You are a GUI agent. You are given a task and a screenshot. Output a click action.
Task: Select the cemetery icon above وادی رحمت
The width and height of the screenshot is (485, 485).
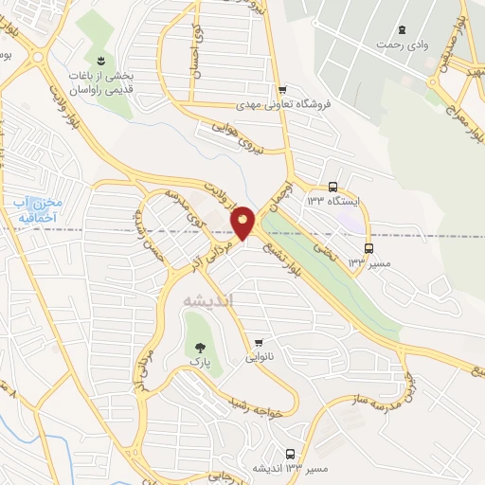[x=403, y=28]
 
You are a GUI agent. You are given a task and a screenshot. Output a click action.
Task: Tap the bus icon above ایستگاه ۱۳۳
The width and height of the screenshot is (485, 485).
[x=332, y=187]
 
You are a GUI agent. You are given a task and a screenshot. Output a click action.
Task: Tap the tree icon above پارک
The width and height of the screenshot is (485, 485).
[x=199, y=348]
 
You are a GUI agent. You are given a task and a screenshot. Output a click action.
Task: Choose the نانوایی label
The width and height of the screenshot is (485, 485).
[x=259, y=358]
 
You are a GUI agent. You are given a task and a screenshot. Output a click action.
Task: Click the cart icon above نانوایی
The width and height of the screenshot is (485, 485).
[x=259, y=342]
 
